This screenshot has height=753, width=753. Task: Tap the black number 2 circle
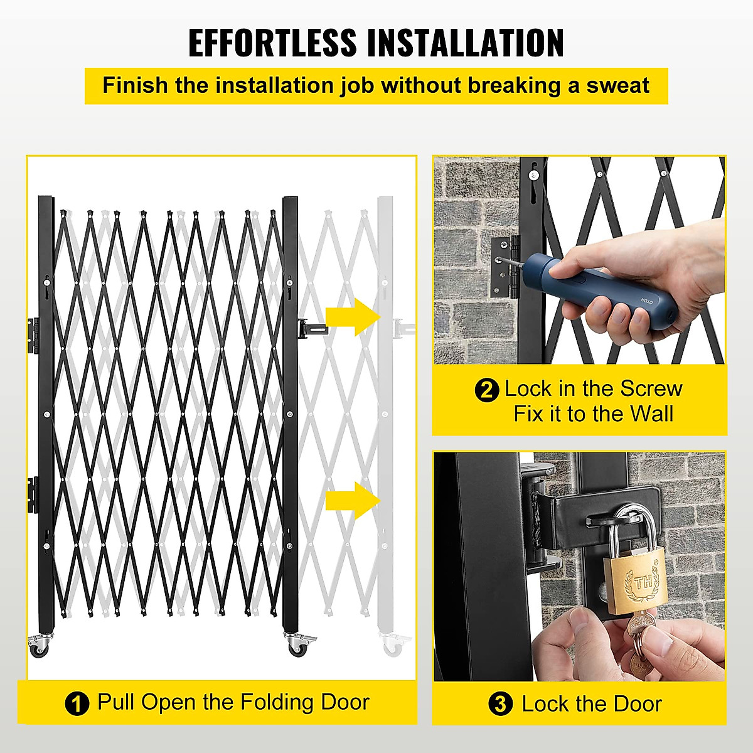point(487,390)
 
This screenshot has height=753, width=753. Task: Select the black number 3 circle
point(500,704)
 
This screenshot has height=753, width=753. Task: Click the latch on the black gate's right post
point(311,329)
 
